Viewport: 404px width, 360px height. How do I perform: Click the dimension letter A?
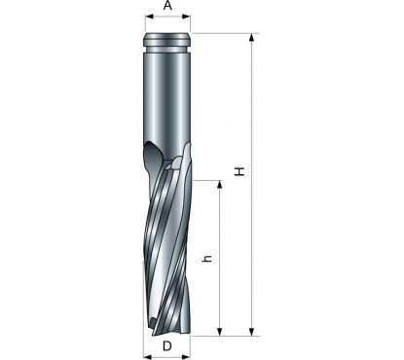coord(167,6)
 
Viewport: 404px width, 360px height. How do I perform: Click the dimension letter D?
coord(167,346)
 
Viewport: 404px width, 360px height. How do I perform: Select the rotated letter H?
coord(239,171)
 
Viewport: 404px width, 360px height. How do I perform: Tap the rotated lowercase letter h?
coord(207,258)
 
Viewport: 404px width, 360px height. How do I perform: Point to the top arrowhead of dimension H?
coord(251,38)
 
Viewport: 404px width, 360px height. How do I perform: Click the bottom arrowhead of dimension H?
coord(251,332)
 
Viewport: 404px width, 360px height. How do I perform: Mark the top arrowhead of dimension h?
coord(220,185)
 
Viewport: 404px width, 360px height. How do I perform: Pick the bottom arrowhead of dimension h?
coord(220,332)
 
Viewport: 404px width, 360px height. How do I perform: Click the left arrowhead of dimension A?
coord(150,17)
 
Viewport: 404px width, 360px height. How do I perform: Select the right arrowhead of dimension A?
coord(186,17)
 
